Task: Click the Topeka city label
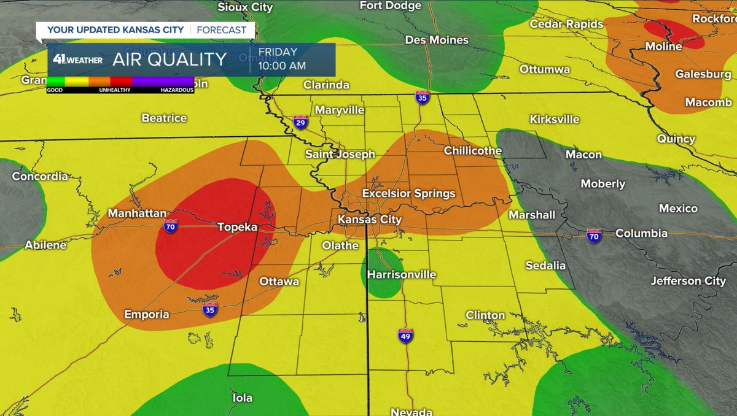pos(237,227)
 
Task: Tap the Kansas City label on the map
pos(370,220)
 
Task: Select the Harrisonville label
pos(401,274)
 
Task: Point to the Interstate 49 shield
pos(405,336)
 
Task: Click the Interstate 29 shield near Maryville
pos(300,121)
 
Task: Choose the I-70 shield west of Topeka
pos(171,226)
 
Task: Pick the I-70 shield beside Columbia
pos(593,236)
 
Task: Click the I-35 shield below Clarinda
pos(421,97)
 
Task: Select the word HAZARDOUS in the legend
pos(177,90)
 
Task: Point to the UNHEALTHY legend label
pos(114,90)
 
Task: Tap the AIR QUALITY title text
pos(170,60)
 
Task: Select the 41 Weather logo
pos(77,60)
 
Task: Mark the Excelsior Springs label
pos(408,194)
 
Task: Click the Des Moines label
pos(437,40)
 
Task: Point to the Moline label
pos(663,47)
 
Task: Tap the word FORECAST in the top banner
pos(222,30)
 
